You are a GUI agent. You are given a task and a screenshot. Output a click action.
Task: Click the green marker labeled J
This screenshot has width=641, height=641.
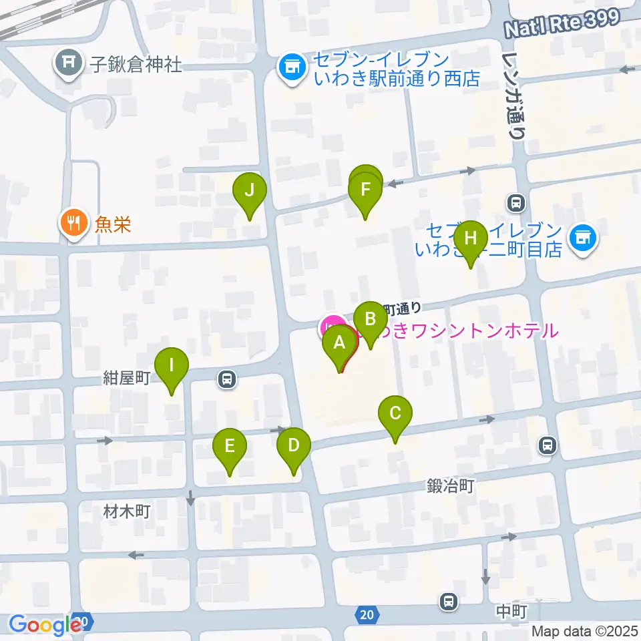pos(249,190)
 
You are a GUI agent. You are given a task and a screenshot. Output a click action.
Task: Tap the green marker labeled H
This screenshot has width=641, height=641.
pos(471,238)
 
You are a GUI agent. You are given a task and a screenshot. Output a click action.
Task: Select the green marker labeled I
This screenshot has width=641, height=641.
pos(172,366)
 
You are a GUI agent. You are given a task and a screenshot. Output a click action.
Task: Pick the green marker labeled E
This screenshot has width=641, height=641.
pos(230,446)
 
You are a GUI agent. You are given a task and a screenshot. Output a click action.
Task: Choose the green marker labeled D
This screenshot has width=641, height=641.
pos(293,445)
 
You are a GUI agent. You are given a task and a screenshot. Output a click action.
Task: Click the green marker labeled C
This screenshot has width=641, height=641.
pos(395,413)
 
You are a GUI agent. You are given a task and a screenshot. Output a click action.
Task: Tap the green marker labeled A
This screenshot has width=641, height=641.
pos(339,344)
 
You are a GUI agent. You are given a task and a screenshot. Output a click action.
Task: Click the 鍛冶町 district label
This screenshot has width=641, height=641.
pos(450,486)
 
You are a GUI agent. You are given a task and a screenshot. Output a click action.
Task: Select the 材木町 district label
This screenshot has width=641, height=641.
pos(128,512)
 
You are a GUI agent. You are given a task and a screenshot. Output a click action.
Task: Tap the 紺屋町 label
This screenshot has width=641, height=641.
pos(125,377)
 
